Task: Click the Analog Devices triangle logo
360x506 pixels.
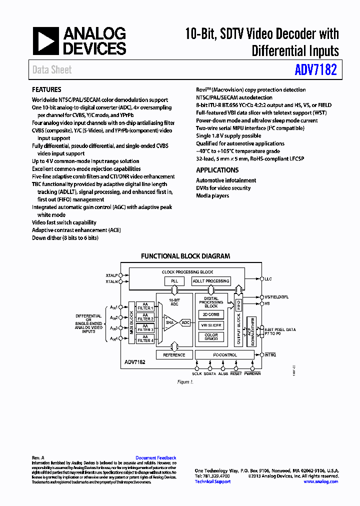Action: pyautogui.click(x=46, y=40)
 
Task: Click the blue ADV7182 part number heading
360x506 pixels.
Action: pyautogui.click(x=316, y=69)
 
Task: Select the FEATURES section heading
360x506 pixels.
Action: pyautogui.click(x=46, y=90)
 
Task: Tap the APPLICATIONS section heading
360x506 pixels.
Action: pyautogui.click(x=217, y=170)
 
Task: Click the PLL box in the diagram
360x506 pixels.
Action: pyautogui.click(x=174, y=281)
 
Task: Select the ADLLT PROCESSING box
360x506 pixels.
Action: pyautogui.click(x=211, y=281)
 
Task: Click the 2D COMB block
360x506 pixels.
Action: pyautogui.click(x=211, y=314)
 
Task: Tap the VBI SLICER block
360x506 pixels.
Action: pyautogui.click(x=211, y=325)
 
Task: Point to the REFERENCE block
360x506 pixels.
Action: pyautogui.click(x=174, y=355)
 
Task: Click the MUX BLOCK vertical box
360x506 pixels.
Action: pyautogui.click(x=132, y=322)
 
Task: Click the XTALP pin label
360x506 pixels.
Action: pyautogui.click(x=111, y=275)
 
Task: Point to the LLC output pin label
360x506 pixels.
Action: pyautogui.click(x=268, y=278)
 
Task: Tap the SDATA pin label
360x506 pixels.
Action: pyautogui.click(x=210, y=373)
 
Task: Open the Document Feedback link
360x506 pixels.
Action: pyautogui.click(x=155, y=458)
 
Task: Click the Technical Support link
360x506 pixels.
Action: pyautogui.click(x=212, y=481)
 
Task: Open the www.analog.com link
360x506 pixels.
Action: pyautogui.click(x=320, y=481)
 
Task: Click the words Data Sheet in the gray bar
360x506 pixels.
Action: pyautogui.click(x=52, y=70)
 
